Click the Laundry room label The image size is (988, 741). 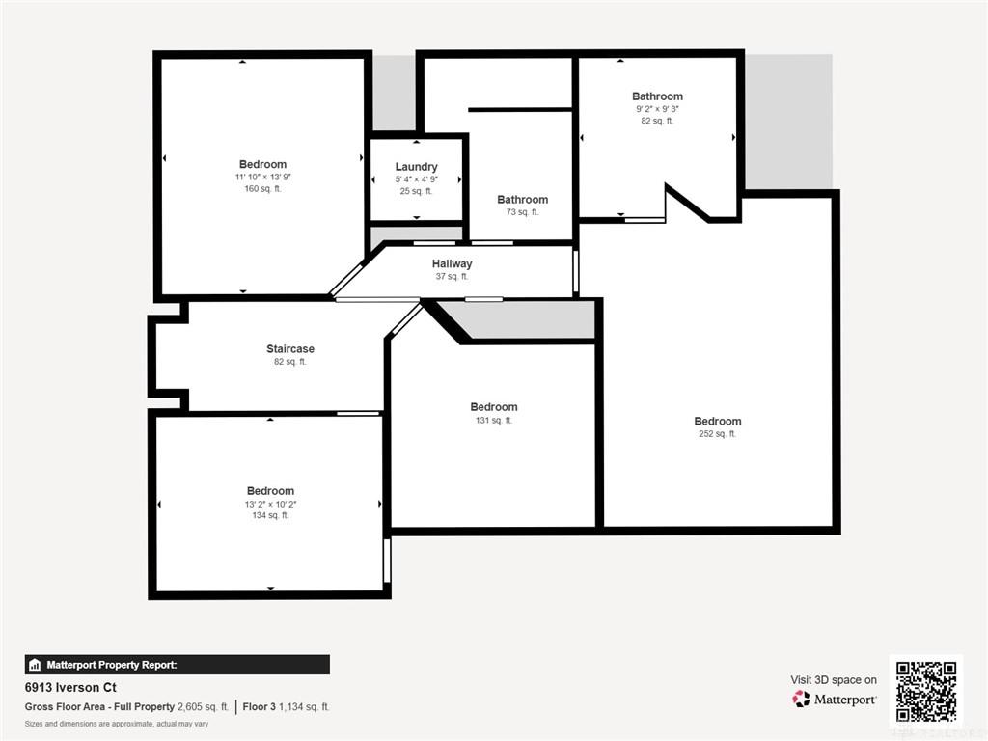tap(416, 166)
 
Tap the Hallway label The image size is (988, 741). tap(452, 264)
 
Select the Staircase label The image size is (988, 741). tap(289, 348)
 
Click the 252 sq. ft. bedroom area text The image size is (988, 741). tap(717, 433)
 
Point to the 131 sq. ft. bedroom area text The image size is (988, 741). tap(493, 420)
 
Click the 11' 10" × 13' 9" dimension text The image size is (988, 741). tap(262, 177)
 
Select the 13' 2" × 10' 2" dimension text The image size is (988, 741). tap(270, 504)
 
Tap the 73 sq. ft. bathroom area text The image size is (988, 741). tap(522, 211)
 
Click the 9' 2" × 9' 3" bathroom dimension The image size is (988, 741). tap(657, 108)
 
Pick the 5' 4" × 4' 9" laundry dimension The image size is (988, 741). tap(416, 178)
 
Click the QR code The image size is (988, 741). tap(925, 691)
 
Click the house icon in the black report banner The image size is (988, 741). tap(35, 665)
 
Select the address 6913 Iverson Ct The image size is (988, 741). tap(70, 687)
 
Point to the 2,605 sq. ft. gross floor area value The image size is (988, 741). tap(203, 707)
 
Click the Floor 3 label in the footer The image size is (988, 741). tap(259, 707)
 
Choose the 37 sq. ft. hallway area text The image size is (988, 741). tap(452, 276)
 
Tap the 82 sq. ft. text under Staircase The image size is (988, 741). tap(289, 361)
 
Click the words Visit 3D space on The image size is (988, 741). tap(834, 680)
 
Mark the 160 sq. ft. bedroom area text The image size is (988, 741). tap(262, 188)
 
